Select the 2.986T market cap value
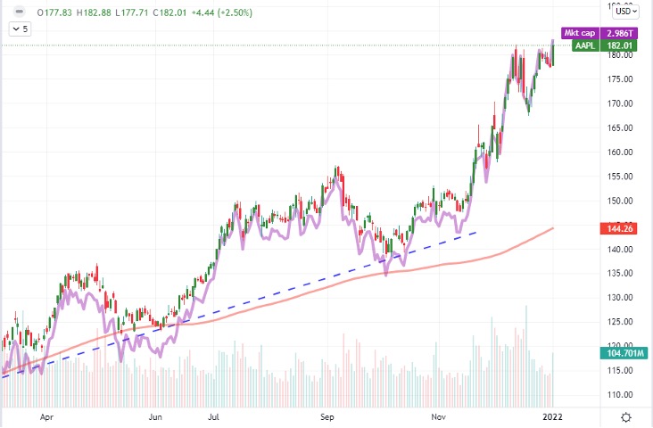tap(620, 32)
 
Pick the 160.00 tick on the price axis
tap(619, 152)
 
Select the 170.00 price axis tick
tap(619, 103)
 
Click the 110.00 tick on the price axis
tap(619, 393)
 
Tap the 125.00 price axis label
tap(619, 320)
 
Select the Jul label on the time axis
tap(214, 416)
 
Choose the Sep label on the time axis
tap(326, 416)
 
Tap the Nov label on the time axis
tap(439, 416)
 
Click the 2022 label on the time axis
tap(553, 416)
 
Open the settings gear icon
tap(627, 416)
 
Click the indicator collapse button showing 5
tap(20, 29)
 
